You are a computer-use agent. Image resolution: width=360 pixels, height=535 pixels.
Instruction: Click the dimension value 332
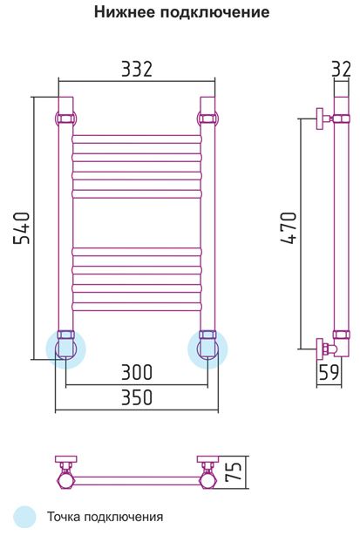coord(137,69)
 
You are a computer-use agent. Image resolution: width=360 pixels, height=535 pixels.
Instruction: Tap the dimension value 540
coord(22,228)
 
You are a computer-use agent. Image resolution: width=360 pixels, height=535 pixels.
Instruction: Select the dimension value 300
coord(137,372)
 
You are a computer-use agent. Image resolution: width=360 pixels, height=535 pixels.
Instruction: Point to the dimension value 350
coord(137,397)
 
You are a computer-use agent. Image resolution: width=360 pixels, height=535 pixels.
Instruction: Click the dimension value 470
coord(289,228)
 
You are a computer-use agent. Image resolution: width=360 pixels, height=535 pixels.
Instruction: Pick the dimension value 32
coord(341,69)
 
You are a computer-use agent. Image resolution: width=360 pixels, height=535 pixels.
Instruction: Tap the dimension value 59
coord(329,372)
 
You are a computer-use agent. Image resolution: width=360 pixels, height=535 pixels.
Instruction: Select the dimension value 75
coord(234,471)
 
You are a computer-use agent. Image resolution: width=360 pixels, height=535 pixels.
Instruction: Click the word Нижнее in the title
coord(124,12)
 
